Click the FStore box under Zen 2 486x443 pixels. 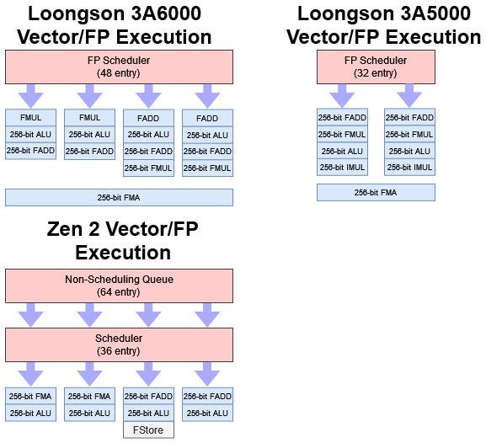[148, 430]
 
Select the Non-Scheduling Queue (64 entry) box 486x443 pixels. [119, 286]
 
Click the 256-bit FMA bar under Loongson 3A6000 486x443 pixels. [119, 197]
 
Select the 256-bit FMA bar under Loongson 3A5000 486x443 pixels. [376, 193]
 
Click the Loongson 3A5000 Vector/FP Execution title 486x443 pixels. [383, 25]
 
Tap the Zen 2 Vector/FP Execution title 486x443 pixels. [123, 241]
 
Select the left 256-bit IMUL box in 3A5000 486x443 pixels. [342, 168]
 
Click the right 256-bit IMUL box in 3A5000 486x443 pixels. [409, 168]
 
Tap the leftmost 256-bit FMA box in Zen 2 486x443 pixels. [30, 396]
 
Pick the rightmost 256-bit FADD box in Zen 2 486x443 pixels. [207, 396]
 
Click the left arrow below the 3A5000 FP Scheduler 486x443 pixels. [342, 94]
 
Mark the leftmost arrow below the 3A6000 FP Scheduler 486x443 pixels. [30, 94]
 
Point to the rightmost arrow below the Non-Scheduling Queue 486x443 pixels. [207, 315]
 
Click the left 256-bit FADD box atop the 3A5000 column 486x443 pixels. [342, 118]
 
